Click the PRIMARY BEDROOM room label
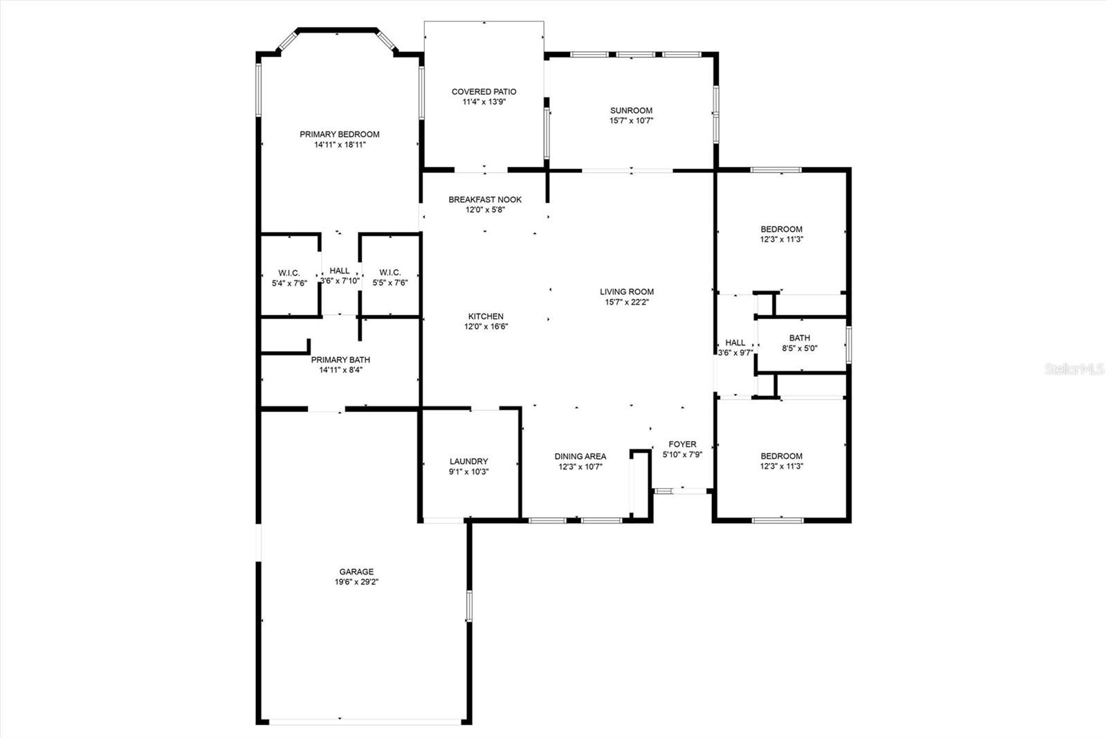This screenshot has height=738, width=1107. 340,134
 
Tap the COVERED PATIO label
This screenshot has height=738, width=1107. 484,91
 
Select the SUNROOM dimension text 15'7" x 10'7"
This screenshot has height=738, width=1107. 631,120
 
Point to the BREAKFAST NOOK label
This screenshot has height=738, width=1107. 485,199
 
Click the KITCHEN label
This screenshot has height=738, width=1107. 486,316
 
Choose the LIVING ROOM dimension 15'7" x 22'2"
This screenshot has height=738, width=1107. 627,302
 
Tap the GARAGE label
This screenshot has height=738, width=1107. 356,571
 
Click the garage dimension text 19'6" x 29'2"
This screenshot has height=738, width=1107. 356,582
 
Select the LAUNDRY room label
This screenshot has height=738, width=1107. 468,461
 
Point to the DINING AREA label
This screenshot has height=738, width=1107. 580,456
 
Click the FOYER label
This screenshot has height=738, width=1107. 682,444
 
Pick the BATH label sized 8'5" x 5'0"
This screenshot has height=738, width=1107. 800,338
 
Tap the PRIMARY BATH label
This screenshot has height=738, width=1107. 340,359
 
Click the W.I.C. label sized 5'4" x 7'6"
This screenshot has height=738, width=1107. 289,273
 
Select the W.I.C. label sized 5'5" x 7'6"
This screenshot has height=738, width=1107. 390,273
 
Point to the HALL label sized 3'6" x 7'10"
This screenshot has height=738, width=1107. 340,271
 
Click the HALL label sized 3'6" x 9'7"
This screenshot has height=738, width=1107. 735,342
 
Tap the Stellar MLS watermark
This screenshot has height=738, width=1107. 1074,369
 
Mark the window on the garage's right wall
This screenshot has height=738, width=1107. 469,606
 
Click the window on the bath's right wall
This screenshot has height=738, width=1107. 848,345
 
